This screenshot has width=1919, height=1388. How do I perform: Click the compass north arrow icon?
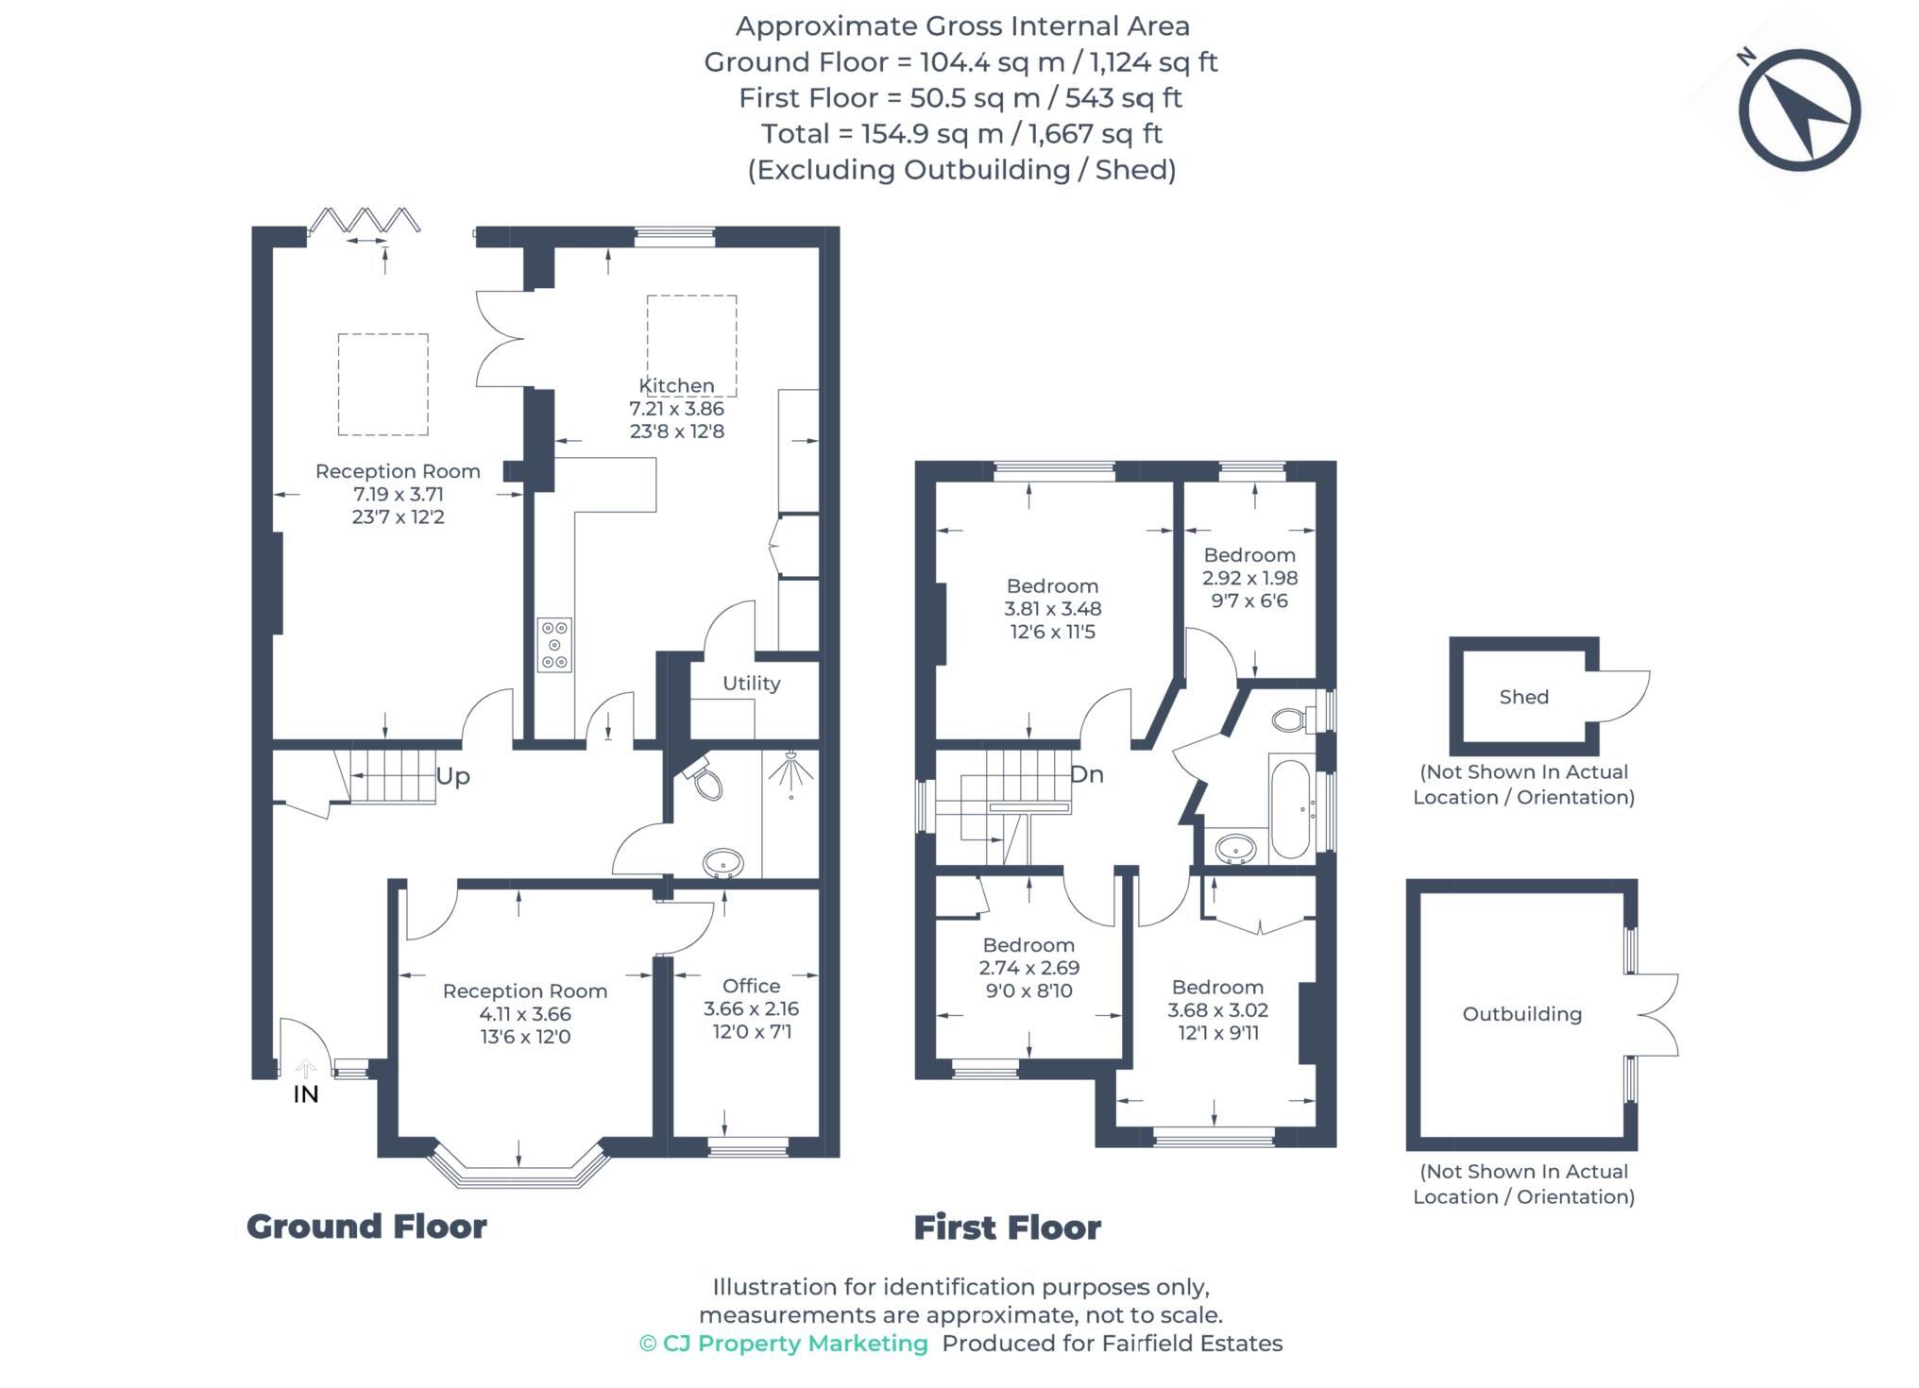click(1799, 111)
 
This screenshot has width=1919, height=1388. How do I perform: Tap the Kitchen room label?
click(676, 386)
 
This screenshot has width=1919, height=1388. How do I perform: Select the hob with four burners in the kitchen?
click(554, 645)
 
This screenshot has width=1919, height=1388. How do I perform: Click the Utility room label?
click(751, 684)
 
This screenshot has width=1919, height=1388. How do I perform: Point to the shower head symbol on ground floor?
click(790, 772)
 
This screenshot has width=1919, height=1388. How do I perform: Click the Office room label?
click(751, 986)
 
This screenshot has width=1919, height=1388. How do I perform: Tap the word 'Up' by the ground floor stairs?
click(452, 776)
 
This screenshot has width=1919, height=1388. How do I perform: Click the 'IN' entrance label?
click(306, 1094)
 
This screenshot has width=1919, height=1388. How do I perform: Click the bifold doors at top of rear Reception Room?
click(365, 221)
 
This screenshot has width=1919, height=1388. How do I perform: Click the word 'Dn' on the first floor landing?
click(1086, 774)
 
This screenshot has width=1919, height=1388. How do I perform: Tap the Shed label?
click(1523, 697)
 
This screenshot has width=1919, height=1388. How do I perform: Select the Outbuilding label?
click(1521, 1014)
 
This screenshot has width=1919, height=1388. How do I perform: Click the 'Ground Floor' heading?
click(366, 1227)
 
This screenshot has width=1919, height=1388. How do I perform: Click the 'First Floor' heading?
click(1007, 1227)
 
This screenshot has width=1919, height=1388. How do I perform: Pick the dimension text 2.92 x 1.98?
click(1249, 578)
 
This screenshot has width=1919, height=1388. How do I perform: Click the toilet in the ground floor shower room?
click(705, 779)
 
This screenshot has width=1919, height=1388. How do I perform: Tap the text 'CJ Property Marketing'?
click(794, 1344)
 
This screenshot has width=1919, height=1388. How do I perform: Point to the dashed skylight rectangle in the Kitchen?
click(691, 345)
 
